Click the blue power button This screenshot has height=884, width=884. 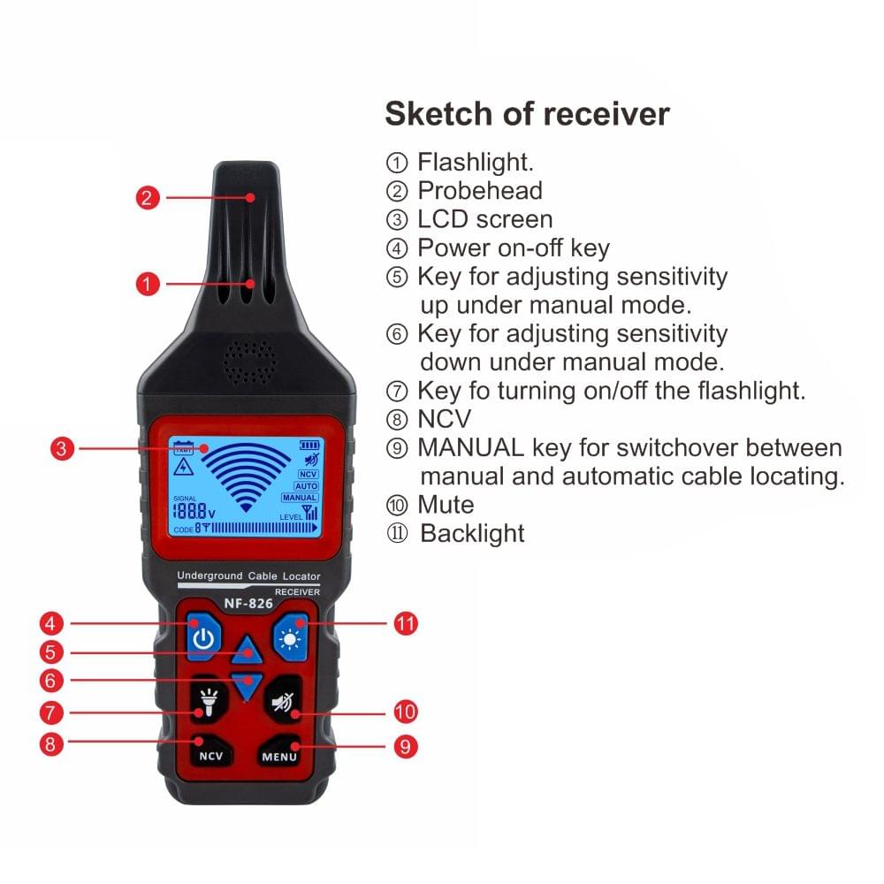[203, 638]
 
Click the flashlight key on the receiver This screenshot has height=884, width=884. [208, 704]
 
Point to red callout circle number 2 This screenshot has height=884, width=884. [149, 197]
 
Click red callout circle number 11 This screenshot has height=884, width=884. [405, 623]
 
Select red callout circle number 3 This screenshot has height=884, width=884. [61, 448]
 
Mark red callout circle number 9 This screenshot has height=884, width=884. [405, 746]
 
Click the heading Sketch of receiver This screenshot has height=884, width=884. [527, 114]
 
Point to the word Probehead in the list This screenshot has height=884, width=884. [480, 190]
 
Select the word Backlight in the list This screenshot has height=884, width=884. [472, 533]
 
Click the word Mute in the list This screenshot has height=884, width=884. [446, 505]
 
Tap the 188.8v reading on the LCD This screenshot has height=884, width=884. [194, 511]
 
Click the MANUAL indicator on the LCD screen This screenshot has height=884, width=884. [306, 499]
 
